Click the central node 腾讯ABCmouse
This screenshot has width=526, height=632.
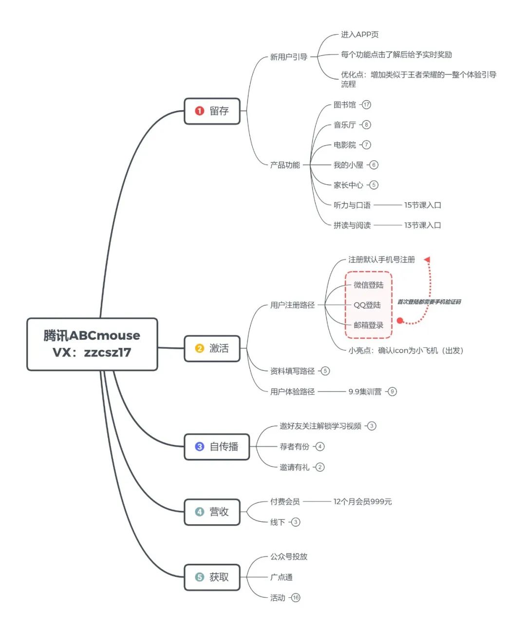click(x=92, y=344)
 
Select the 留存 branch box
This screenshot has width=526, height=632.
click(x=212, y=111)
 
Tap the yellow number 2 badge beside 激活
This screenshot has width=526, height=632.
click(x=199, y=348)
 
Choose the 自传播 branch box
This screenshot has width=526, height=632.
click(x=217, y=447)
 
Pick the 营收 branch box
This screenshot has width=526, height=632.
click(x=212, y=512)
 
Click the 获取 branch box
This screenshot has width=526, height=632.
click(x=212, y=577)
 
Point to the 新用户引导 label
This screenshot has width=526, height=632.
click(x=289, y=57)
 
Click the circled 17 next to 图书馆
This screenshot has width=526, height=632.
click(x=366, y=105)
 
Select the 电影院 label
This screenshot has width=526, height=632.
click(x=345, y=145)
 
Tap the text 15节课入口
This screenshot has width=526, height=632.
click(x=422, y=205)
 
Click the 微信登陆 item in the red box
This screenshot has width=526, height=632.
click(x=368, y=285)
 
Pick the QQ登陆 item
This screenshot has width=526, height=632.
click(x=367, y=305)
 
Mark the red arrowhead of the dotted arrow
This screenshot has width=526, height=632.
click(x=427, y=260)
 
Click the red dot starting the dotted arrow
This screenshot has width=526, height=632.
click(x=400, y=321)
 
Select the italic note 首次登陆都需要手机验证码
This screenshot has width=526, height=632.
click(x=429, y=302)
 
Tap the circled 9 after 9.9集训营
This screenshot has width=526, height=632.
click(x=392, y=391)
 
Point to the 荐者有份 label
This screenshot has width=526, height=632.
click(x=294, y=447)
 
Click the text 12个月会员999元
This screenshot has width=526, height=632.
click(x=362, y=501)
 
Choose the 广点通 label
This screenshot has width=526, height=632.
click(x=282, y=577)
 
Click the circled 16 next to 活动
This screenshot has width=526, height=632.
click(x=296, y=597)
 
